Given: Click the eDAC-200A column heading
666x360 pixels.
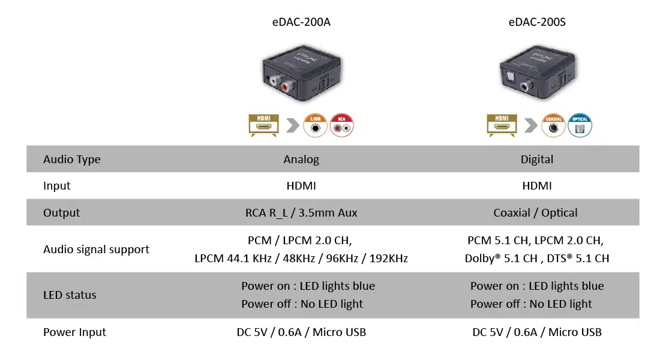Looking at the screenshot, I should [x=301, y=23].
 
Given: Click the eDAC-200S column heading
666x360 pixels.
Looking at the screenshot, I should [x=536, y=23].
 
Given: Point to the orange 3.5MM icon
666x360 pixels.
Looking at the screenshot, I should [x=316, y=125].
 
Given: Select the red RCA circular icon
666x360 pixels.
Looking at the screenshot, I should [x=342, y=125].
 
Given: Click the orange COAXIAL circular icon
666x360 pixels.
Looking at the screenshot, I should [x=554, y=125].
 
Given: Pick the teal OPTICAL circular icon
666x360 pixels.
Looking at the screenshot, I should [x=580, y=125].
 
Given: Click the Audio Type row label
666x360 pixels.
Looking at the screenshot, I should [x=71, y=160].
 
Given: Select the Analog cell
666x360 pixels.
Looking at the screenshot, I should [x=301, y=160].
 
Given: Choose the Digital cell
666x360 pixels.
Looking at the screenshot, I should [x=536, y=160].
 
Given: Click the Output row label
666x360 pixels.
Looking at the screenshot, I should [x=61, y=213].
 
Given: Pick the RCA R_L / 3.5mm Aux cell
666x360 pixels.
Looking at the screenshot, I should [x=301, y=213].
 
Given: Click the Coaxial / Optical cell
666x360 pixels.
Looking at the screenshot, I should [x=536, y=213].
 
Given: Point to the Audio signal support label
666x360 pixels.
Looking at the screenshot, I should [x=96, y=249].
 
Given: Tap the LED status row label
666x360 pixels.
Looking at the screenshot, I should [x=70, y=295].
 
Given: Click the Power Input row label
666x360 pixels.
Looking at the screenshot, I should [x=74, y=332].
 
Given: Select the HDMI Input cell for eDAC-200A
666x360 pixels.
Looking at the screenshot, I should [x=301, y=186].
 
